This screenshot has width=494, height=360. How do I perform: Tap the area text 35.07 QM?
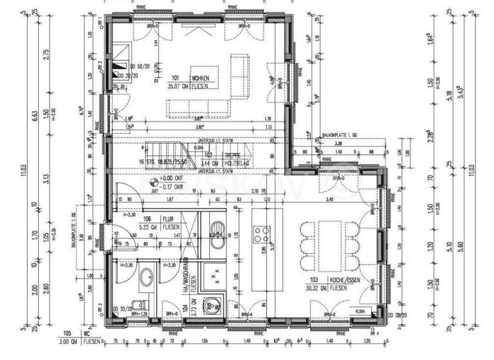click(178, 85)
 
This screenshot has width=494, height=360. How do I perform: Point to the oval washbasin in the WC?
click(147, 278)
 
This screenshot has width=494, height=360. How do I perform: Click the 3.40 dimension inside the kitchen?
click(330, 200)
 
